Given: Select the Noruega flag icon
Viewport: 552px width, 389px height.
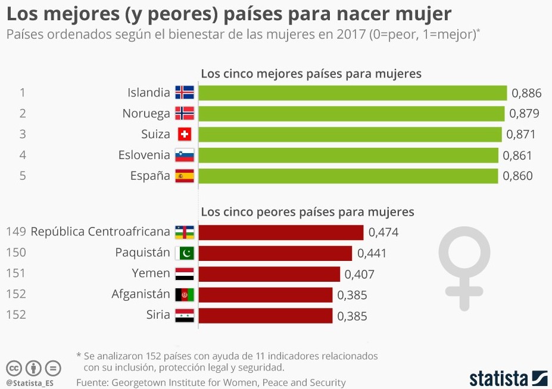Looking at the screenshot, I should point(185,113).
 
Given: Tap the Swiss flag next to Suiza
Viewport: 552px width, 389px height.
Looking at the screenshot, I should point(185,134).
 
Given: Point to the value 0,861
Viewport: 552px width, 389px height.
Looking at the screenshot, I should point(517,155).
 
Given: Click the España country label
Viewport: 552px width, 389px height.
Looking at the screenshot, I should point(150,176).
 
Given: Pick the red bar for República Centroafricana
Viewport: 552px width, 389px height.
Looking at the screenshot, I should point(280,232).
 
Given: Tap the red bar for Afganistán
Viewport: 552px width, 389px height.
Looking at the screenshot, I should point(265,295).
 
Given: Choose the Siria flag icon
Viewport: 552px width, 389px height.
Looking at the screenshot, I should point(185,316).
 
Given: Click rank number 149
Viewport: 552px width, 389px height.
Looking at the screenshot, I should point(15,232).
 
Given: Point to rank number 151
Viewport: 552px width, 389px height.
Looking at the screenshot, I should point(15,273).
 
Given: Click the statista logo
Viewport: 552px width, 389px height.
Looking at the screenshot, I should point(508,378).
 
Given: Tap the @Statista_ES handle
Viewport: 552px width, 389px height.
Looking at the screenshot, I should point(30,382).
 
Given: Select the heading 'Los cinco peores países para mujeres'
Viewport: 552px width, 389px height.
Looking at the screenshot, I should point(307,212).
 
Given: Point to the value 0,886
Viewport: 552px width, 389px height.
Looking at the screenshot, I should point(526,93).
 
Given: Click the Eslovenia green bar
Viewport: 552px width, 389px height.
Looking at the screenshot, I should point(348,155).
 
